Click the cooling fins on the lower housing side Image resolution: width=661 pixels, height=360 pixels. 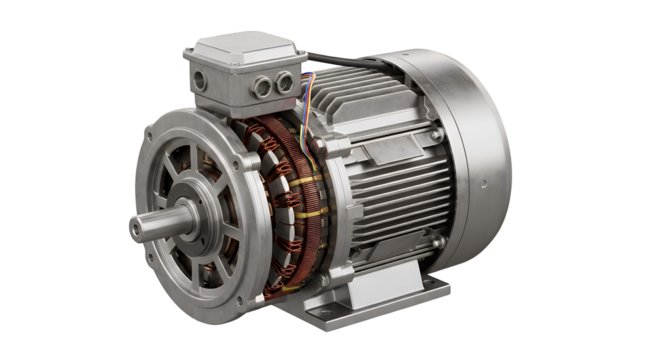360,230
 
